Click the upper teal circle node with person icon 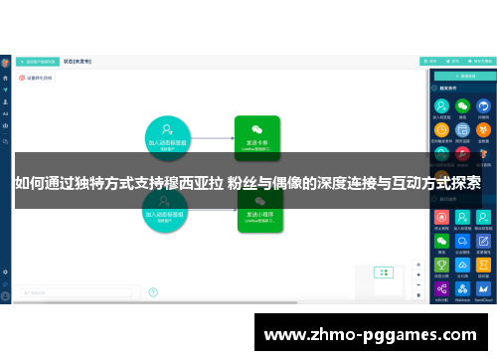tap(168, 137)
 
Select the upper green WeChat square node tap(256, 137)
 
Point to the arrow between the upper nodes tap(213, 137)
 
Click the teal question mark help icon tap(153, 292)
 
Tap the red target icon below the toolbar tap(22, 77)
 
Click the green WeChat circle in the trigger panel tap(462, 105)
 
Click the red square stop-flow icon tap(441, 216)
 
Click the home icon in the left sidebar tap(6, 77)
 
